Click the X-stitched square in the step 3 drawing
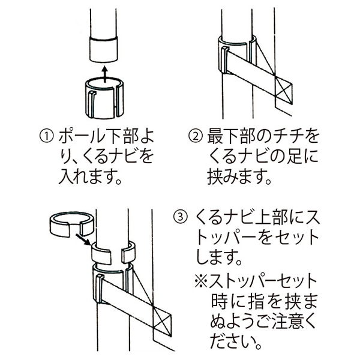coord(161,317)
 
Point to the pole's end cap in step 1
coord(103,49)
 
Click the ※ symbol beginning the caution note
coord(203,281)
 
